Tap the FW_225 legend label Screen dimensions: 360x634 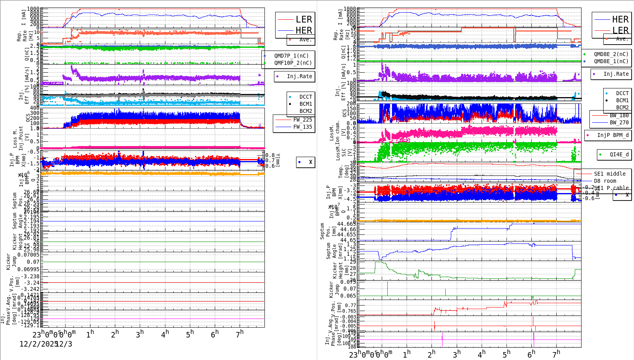(302, 120)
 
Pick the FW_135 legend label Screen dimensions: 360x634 (302, 127)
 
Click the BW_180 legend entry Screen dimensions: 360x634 (619, 115)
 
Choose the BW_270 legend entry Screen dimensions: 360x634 (619, 122)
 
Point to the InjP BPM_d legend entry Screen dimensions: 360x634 (613, 135)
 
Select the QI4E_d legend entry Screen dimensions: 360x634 (619, 154)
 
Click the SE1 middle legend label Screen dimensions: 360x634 (610, 174)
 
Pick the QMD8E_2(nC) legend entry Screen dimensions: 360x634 (611, 54)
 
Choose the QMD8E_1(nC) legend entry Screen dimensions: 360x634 (611, 61)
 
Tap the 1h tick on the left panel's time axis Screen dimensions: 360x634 (90, 334)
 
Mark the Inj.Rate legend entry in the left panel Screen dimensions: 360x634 (299, 76)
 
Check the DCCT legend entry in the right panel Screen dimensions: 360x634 (622, 94)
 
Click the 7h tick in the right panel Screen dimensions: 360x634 (556, 354)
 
